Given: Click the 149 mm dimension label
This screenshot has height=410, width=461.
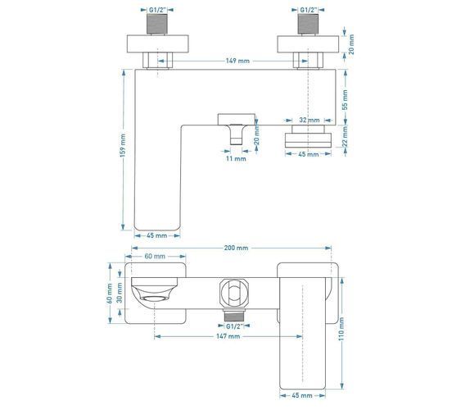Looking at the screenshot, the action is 237,61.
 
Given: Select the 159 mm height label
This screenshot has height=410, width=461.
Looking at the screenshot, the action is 123,145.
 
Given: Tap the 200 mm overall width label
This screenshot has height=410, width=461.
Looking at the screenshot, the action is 236,248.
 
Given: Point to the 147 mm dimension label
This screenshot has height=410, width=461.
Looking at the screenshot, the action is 228,336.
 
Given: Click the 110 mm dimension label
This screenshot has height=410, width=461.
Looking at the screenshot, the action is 341,329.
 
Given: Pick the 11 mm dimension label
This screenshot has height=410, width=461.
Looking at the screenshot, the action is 236,158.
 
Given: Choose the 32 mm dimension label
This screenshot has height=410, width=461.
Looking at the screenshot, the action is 310,120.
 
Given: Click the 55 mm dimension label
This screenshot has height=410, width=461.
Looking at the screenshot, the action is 345,100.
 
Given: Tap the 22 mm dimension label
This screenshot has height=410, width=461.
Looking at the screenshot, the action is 345,136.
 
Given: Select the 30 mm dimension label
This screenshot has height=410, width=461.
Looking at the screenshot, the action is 120,293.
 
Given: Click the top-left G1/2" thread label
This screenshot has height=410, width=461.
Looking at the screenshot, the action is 157,10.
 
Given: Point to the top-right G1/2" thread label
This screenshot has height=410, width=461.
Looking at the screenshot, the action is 309,10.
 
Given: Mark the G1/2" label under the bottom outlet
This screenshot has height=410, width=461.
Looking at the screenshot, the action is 234,326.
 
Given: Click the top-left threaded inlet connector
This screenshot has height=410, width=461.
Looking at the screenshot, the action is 157,24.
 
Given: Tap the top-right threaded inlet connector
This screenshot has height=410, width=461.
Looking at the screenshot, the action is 308,24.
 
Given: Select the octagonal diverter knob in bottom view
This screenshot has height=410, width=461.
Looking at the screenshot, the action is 233,294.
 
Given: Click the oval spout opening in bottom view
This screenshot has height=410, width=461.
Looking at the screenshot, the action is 155,299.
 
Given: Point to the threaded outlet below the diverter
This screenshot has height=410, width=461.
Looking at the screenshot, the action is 234,315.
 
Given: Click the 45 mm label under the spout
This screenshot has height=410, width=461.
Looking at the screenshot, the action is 156,235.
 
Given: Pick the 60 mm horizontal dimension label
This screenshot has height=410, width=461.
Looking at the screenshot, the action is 155,257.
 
